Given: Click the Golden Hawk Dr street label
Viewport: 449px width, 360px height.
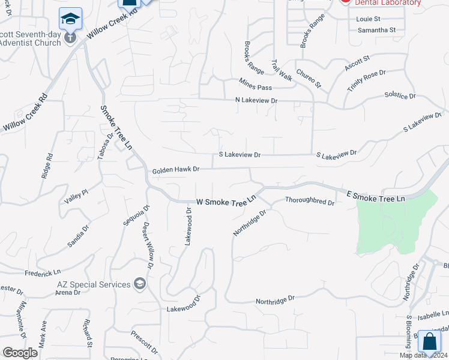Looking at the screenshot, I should coord(175,170).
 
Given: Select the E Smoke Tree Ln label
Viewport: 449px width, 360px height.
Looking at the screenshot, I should coord(376,196).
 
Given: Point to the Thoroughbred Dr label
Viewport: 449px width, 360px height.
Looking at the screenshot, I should coord(310,201).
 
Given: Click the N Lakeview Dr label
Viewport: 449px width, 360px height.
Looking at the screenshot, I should coord(256,101).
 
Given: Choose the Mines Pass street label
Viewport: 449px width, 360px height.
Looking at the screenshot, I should coord(251,84).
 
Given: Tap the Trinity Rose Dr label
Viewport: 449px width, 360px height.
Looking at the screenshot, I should coord(366,81).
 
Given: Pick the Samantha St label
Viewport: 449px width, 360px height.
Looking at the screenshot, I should coord(376,30).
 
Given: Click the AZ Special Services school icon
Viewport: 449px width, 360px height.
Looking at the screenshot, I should coord(140,284).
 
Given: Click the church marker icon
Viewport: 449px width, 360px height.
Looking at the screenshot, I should coord(70,38).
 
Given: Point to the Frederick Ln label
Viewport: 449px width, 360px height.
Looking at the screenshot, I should coord(43,272).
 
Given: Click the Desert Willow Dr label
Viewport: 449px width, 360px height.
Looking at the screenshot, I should coord(148,246).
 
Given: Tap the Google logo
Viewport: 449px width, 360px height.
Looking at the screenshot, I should coord(20,353).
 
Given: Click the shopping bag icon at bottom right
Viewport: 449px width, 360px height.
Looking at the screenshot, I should coord(429,342).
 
